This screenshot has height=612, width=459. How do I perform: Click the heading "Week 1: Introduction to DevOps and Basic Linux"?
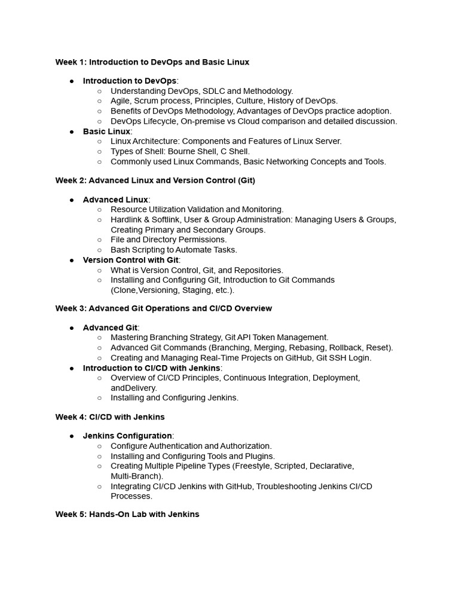coord(152,62)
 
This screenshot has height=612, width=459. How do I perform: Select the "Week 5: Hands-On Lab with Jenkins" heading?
coord(127,514)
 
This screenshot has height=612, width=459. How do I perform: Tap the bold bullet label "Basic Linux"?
coord(106,131)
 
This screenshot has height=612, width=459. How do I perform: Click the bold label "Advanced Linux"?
coord(115,200)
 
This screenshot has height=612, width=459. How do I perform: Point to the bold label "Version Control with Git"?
coord(131,260)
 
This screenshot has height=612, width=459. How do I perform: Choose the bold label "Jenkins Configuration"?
coord(127,436)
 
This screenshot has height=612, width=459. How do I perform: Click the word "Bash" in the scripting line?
coord(120,250)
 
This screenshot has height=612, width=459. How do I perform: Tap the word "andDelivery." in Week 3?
coord(134,388)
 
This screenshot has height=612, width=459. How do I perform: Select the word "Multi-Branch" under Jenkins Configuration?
coord(134,476)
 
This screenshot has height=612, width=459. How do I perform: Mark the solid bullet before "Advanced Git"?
coord(72,328)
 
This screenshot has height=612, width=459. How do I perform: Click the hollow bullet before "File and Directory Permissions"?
coord(99,240)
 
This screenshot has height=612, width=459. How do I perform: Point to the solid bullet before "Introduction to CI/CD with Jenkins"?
coord(72,368)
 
